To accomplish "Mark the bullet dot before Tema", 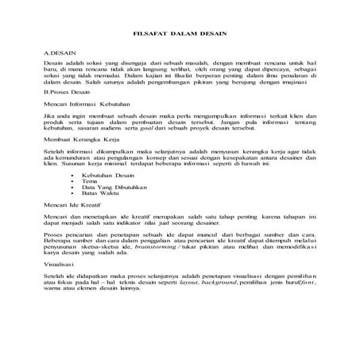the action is (x=73, y=180).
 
